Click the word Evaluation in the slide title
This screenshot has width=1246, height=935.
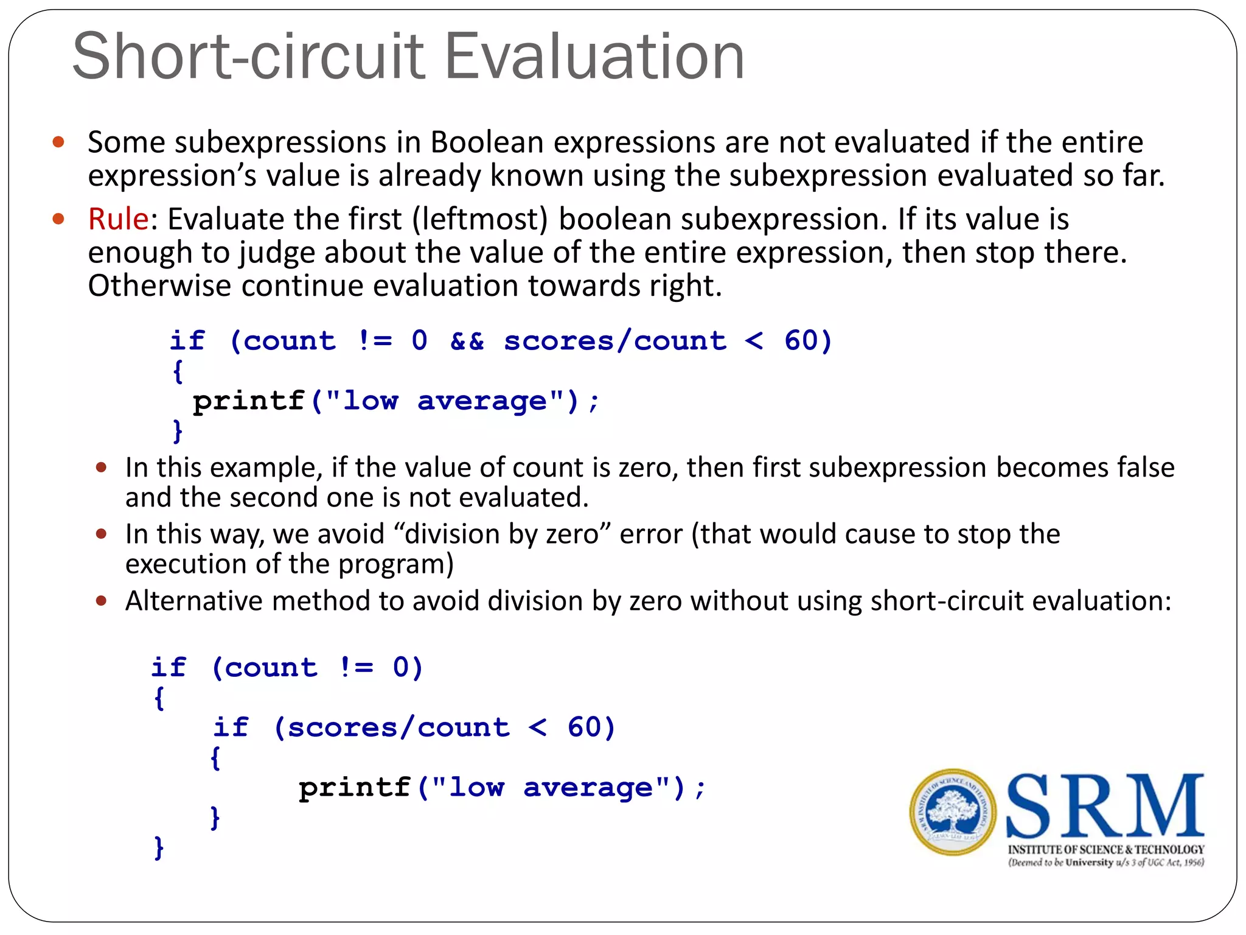(x=594, y=57)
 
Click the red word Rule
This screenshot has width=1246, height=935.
(x=118, y=219)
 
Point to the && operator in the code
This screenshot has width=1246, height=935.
(x=467, y=341)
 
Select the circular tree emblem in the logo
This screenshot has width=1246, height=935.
(x=953, y=812)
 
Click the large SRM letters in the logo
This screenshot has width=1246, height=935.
(x=1105, y=807)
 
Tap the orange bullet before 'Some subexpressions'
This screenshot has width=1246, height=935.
(x=58, y=142)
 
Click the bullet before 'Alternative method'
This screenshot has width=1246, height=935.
(x=102, y=601)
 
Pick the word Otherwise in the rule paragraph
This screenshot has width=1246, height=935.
(x=159, y=285)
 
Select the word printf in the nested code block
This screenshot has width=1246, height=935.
(x=354, y=788)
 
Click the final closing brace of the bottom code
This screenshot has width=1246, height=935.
(x=159, y=847)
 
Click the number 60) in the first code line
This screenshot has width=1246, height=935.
(x=807, y=341)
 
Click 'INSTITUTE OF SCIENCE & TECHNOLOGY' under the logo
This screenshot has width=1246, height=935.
(x=1106, y=849)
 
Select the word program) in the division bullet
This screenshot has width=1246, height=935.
(x=395, y=564)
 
